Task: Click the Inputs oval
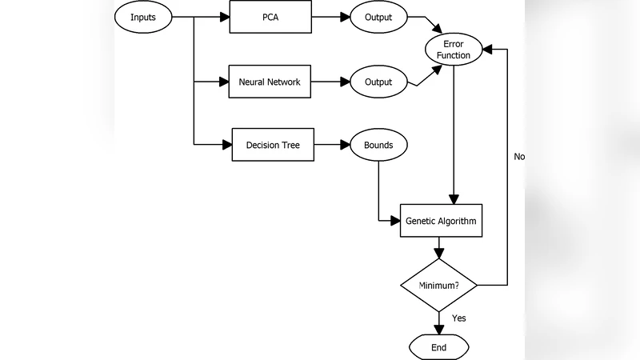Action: coord(142,16)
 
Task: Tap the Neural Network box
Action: coord(269,82)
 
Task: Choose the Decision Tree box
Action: coord(272,145)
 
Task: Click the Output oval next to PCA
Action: coord(378,16)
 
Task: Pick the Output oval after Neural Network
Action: coord(378,82)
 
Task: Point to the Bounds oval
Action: coord(378,145)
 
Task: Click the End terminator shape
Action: coord(438,347)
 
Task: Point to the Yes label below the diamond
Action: coord(458,318)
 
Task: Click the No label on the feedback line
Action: coord(519,156)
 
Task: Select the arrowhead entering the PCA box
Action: coord(224,16)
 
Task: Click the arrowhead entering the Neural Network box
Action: coord(223,82)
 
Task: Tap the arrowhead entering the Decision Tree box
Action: coord(226,145)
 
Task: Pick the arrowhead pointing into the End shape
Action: coord(438,330)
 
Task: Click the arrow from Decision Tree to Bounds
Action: coord(331,145)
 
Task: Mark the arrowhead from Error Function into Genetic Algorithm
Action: coord(454,199)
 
